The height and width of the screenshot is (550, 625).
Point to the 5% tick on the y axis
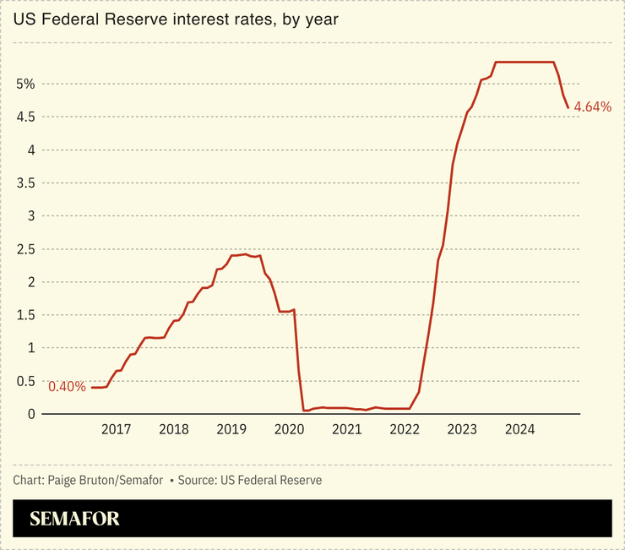(24, 84)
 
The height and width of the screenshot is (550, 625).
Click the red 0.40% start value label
(67, 387)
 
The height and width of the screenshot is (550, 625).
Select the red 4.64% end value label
(592, 107)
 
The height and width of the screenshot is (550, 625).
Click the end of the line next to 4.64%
(568, 107)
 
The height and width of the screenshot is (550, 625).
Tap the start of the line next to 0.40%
(92, 387)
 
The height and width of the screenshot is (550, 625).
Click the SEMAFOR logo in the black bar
(74, 519)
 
